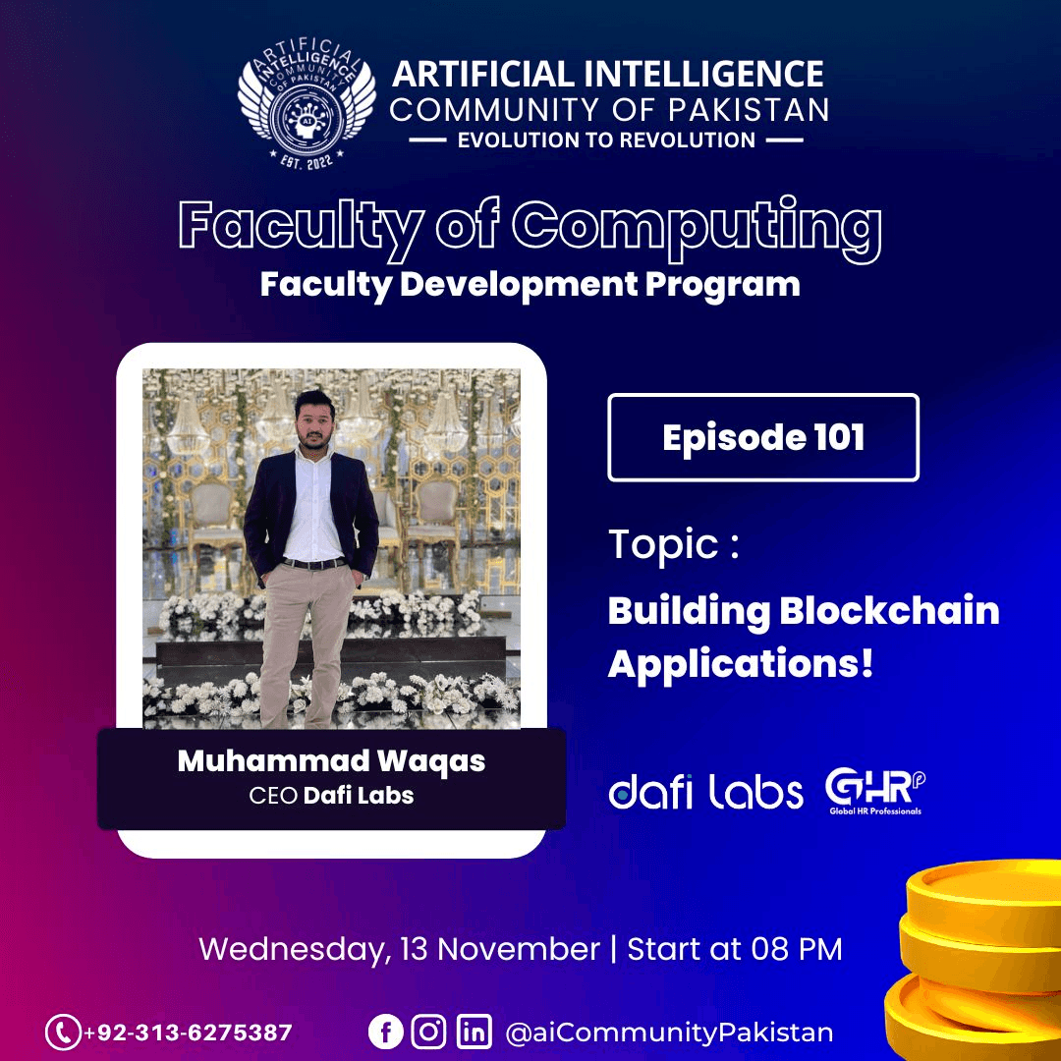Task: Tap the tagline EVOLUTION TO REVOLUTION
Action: click(x=606, y=140)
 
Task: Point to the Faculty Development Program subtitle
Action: click(x=530, y=285)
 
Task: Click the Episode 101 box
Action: click(x=763, y=437)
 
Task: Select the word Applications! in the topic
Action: click(x=741, y=664)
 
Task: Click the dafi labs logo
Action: click(x=706, y=792)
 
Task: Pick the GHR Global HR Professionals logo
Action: click(x=874, y=791)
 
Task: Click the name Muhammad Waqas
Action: click(x=331, y=761)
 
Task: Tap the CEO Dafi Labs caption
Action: click(x=331, y=795)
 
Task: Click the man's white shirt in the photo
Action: click(x=313, y=510)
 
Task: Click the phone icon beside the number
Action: click(x=63, y=1033)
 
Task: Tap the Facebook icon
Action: click(x=385, y=1033)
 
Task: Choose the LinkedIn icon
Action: click(x=475, y=1033)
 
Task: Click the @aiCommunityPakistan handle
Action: click(x=669, y=1033)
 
